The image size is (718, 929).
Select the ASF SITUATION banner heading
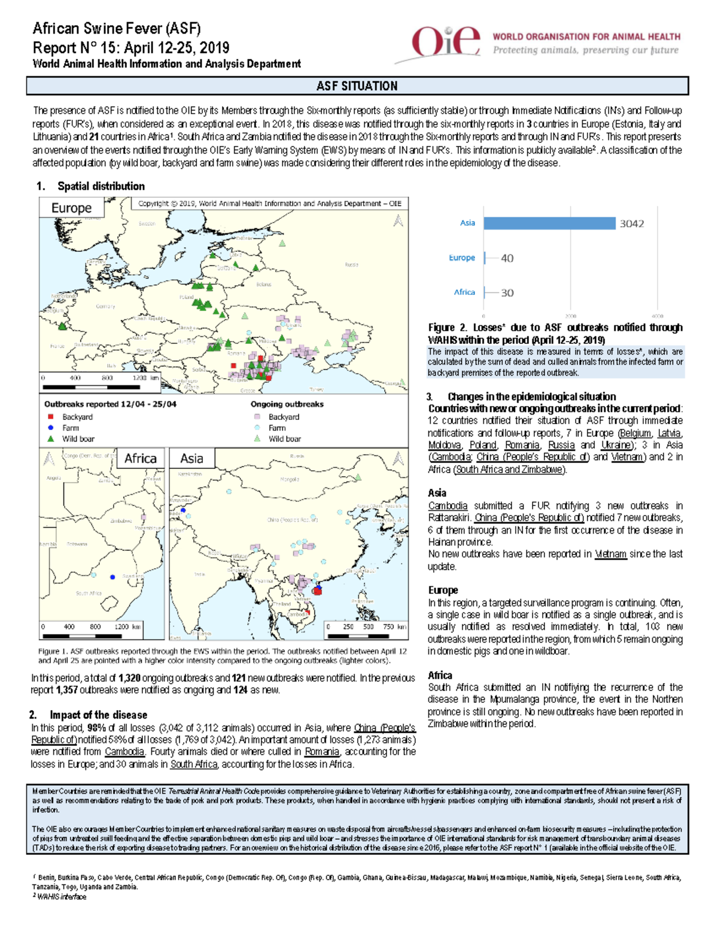(x=357, y=86)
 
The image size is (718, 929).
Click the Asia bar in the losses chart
(x=549, y=223)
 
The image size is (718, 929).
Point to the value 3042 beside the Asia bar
(x=631, y=224)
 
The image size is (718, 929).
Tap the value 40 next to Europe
(x=507, y=258)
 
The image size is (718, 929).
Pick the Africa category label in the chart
(x=464, y=293)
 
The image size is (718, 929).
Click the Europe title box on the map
(x=71, y=208)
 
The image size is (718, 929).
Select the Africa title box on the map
(x=140, y=458)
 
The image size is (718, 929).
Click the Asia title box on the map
(x=191, y=458)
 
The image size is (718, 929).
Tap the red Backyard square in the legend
(x=51, y=416)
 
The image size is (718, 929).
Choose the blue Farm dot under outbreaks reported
(x=51, y=428)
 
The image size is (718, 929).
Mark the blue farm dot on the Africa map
(x=112, y=577)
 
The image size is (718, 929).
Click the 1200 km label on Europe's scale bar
(x=145, y=378)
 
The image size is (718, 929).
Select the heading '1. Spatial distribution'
(x=90, y=186)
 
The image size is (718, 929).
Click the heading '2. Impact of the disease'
(x=89, y=715)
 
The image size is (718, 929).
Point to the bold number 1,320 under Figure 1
(x=129, y=678)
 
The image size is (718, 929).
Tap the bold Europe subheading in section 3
(x=443, y=590)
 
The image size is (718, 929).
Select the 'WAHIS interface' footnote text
(x=61, y=897)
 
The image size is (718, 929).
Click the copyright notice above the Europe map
(x=269, y=203)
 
